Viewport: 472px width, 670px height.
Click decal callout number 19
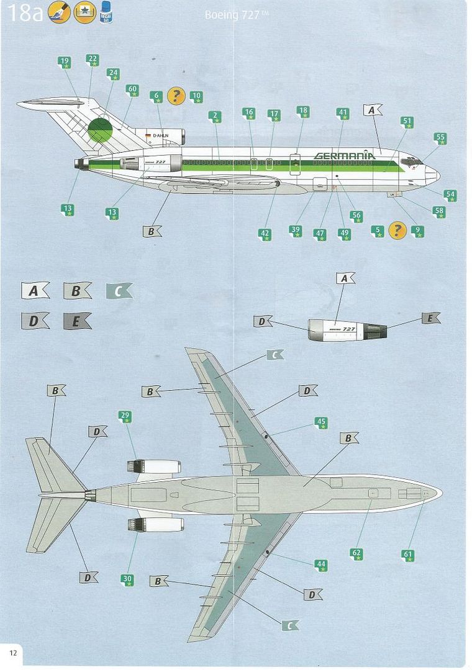click(65, 62)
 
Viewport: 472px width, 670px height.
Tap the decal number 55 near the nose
click(440, 138)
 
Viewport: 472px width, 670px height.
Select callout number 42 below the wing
click(265, 234)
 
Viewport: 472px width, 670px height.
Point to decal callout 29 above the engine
click(125, 416)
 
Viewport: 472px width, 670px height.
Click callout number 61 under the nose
click(408, 555)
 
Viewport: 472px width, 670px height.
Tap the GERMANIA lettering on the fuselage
click(345, 155)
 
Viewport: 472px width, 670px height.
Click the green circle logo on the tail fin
click(99, 130)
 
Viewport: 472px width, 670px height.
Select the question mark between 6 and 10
click(176, 96)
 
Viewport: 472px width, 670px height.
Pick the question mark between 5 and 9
click(397, 230)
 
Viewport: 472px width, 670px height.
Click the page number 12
click(12, 651)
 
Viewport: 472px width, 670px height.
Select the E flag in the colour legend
click(77, 321)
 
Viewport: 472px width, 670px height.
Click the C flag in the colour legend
click(119, 291)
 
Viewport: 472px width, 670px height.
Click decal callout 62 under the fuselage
click(356, 553)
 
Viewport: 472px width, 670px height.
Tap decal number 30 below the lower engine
click(127, 579)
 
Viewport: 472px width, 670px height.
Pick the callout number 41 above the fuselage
click(343, 114)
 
